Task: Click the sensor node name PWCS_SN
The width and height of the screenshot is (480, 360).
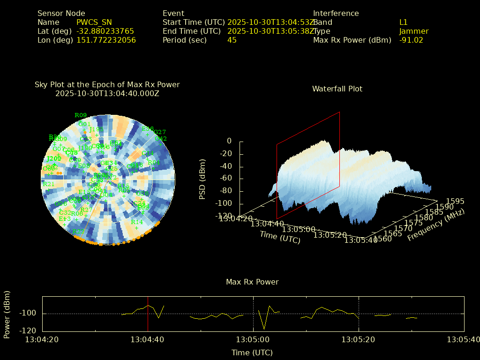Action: coord(94,22)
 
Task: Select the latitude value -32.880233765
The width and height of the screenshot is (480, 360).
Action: coord(105,31)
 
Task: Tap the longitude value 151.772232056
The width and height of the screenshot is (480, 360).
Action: coord(106,40)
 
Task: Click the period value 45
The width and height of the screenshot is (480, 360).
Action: coord(232,40)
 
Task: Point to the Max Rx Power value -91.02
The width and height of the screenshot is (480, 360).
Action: coord(411,40)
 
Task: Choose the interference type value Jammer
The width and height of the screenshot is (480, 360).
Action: coord(414,31)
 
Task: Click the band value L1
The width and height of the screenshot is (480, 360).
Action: coord(404,22)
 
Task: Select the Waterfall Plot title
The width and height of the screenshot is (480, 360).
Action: coord(337,89)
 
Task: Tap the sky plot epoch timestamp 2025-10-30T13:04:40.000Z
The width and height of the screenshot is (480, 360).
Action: coord(107,93)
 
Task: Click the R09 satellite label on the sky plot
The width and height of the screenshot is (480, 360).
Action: coord(81,115)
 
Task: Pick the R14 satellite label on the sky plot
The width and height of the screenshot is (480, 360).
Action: coord(137,222)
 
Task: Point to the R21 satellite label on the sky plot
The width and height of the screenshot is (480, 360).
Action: coord(49,184)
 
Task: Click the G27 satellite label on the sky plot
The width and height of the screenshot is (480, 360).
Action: coord(160,132)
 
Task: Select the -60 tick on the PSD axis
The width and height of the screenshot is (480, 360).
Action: coord(226,179)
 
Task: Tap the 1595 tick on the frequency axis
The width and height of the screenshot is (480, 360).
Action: coord(455,201)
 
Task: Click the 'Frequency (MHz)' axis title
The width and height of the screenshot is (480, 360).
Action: coord(435,225)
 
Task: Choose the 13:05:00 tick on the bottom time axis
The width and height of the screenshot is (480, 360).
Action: coord(253,339)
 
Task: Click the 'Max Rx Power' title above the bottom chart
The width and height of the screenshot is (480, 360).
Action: coord(252,282)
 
